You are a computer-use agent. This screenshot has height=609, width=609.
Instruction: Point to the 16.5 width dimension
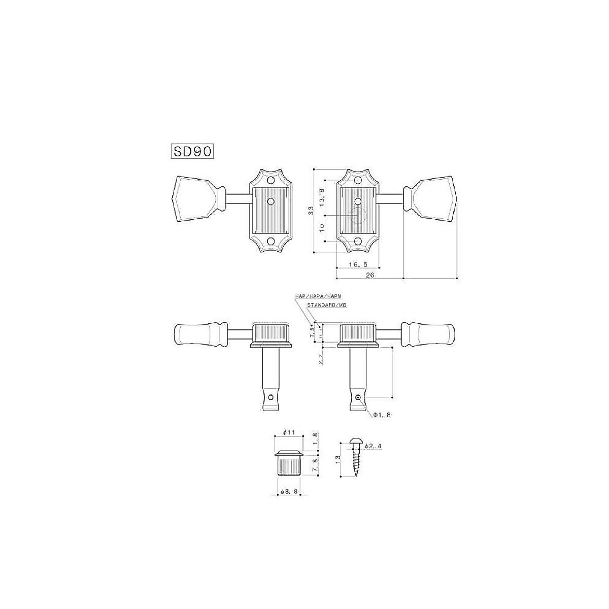pos(358,265)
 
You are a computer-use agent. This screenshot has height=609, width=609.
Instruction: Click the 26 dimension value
pos(370,275)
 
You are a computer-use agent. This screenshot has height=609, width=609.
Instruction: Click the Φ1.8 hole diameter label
pos(382,415)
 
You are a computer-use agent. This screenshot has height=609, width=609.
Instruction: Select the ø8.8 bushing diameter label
pos(291,491)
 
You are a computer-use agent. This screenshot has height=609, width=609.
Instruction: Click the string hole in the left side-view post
pos(272,397)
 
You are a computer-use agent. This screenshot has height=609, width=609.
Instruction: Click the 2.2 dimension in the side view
pos(321,359)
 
